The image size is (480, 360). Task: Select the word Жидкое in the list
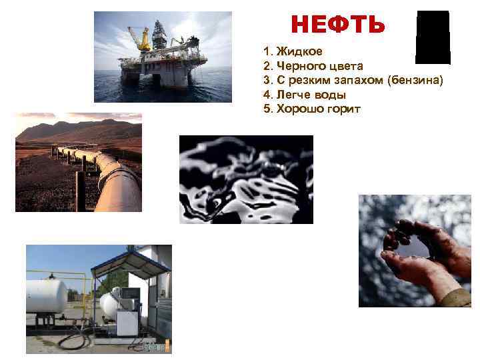pyautogui.click(x=297, y=51)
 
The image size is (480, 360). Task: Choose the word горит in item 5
pyautogui.click(x=343, y=109)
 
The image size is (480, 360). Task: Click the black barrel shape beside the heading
pyautogui.click(x=433, y=37)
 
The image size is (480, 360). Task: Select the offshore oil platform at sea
pyautogui.click(x=163, y=60)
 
